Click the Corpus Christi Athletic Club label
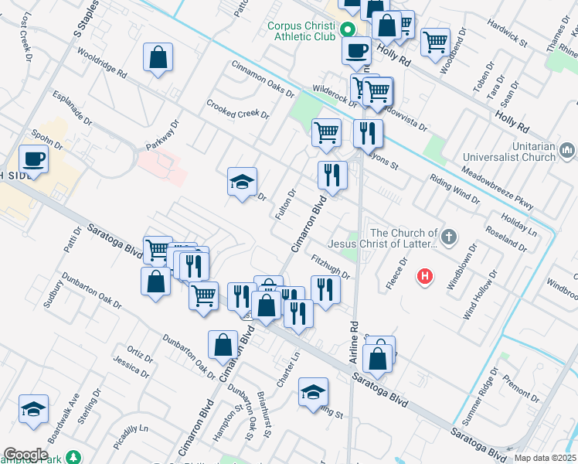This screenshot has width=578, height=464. tap(302, 30)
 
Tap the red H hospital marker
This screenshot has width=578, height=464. tap(424, 275)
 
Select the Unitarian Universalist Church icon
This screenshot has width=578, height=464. tap(567, 148)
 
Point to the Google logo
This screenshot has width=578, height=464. tap(25, 455)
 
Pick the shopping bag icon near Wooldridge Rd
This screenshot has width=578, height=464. tap(158, 58)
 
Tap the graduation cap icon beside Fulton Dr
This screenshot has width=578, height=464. tap(243, 183)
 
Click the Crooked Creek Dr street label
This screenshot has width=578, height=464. tap(238, 109)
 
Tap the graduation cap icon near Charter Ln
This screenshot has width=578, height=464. tap(314, 393)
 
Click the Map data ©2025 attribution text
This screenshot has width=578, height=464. tap(546, 458)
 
